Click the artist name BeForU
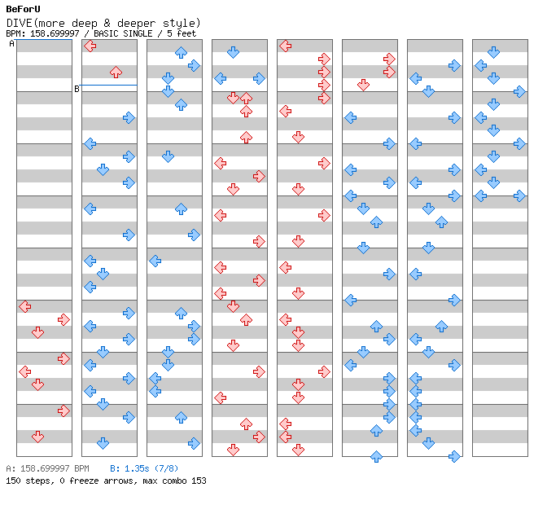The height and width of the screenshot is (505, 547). click(x=23, y=9)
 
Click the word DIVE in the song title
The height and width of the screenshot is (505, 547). click(x=20, y=23)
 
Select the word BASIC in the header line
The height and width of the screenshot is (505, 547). click(x=106, y=33)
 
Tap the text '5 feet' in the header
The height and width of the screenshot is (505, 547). click(x=182, y=33)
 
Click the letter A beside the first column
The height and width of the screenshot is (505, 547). click(x=11, y=44)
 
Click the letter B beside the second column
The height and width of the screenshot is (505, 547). click(x=77, y=89)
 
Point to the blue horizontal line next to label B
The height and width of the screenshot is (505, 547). click(x=108, y=85)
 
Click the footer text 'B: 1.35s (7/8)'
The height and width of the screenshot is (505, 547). click(x=144, y=468)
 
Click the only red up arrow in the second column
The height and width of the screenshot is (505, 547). click(x=116, y=72)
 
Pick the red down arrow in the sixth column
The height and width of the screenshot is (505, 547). click(x=363, y=85)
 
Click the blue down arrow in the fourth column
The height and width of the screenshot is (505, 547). click(x=233, y=52)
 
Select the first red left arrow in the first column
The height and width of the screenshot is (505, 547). click(x=24, y=306)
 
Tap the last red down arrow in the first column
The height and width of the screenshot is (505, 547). click(x=37, y=437)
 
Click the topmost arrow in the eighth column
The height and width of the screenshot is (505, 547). click(x=493, y=52)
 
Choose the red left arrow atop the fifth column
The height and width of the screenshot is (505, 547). click(x=285, y=46)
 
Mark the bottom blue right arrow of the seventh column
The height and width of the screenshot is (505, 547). click(x=454, y=456)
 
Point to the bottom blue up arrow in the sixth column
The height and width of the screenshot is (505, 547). click(x=376, y=456)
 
